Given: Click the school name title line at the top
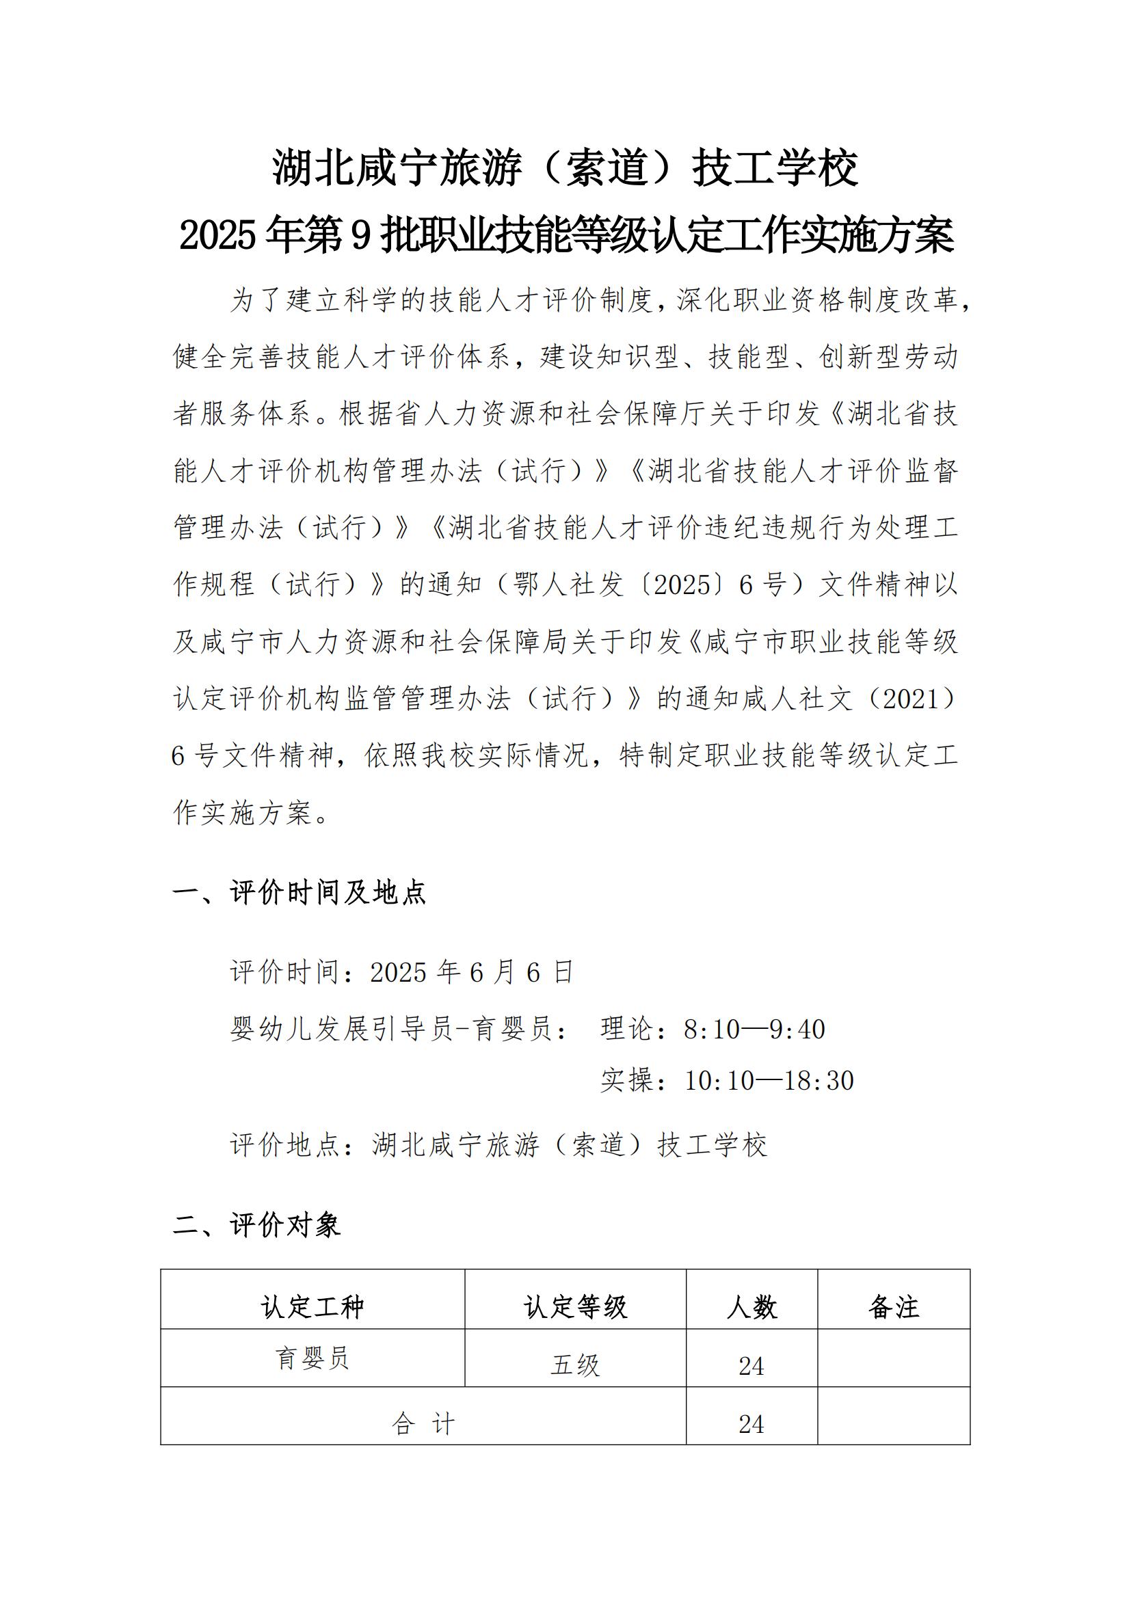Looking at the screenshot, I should pos(565,168).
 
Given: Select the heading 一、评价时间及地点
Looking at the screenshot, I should pos(300,892).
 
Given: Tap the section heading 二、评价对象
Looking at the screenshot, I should pos(257,1225).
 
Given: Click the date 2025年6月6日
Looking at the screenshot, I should pos(472,972).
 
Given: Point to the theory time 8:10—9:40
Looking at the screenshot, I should pos(754,1030).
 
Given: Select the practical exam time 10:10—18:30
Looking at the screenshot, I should pos(769,1080).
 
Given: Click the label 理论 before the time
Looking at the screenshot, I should pos(627,1030).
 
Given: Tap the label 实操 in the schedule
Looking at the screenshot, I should pos(627,1080).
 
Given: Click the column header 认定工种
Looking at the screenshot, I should pos(312,1307).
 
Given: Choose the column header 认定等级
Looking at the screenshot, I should pos(575,1307).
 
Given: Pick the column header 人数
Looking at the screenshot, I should pos(751,1307).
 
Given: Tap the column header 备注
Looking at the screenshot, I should pos(894,1307).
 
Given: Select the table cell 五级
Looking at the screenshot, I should pos(575,1366).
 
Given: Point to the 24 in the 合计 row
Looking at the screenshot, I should pos(751,1424).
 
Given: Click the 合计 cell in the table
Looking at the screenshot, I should pos(423,1424).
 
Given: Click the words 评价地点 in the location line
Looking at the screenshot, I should pos(285,1145).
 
